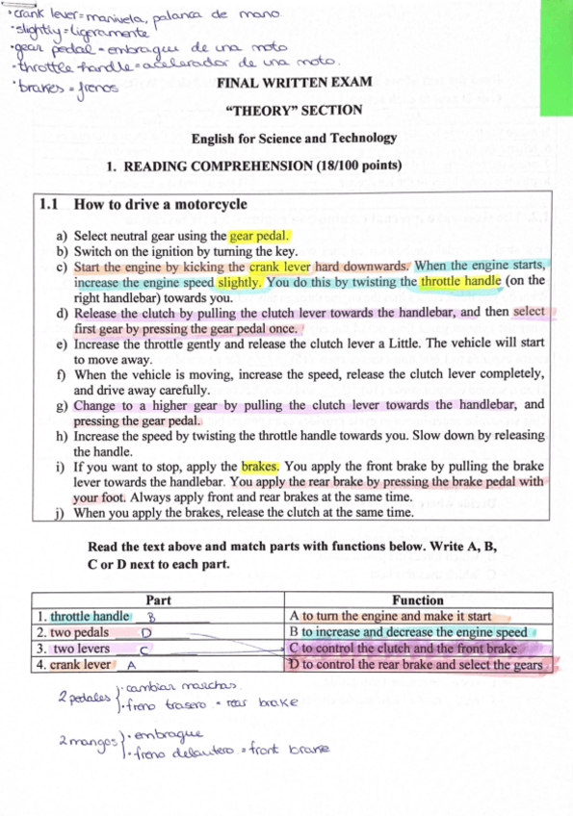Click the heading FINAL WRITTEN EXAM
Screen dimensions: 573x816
point(295,83)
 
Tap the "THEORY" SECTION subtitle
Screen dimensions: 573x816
point(292,111)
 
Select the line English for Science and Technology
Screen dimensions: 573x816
point(294,138)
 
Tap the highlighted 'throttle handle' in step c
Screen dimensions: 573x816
point(460,282)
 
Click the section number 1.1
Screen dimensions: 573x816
point(49,204)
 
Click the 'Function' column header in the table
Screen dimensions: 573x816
point(418,599)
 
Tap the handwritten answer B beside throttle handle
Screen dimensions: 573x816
point(151,616)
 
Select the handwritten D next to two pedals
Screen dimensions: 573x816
point(146,633)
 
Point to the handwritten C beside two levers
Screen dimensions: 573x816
point(142,650)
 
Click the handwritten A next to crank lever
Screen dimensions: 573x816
point(130,665)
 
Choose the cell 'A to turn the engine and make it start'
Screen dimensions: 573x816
point(390,616)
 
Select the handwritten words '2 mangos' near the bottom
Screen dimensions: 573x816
point(81,742)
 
